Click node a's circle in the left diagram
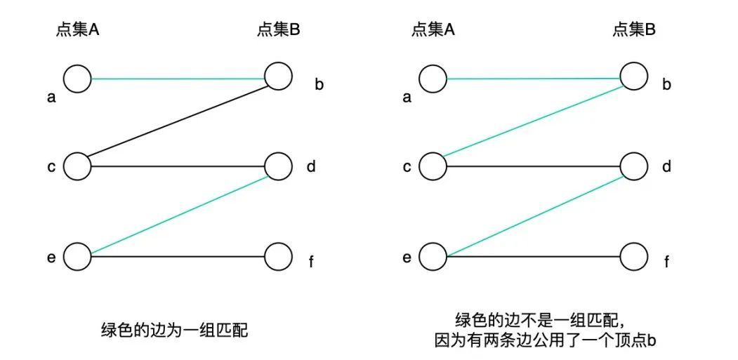77,79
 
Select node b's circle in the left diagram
278,76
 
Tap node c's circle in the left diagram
77,166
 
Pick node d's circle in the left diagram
278,166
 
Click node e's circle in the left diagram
77,256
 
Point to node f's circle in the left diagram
278,256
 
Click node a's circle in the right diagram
433,79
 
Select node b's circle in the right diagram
633,76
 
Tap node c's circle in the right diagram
433,166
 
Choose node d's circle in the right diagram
633,166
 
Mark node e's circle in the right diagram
433,256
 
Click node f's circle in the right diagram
633,256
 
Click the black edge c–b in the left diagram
178,121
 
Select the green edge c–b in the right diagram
533,121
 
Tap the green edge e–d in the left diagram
178,213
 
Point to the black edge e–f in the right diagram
533,256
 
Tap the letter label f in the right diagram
666,262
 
